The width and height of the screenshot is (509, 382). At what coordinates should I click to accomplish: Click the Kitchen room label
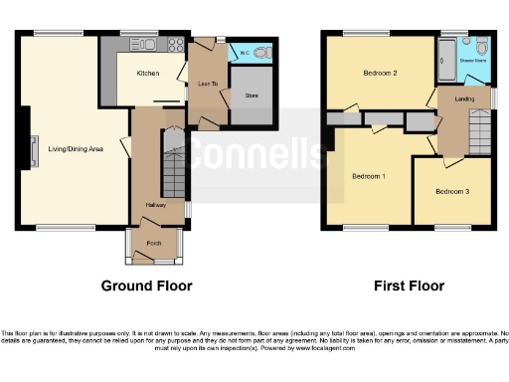coord(147,74)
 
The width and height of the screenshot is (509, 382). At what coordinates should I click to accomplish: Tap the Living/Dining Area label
coord(76,150)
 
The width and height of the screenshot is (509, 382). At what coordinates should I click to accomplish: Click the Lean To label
coord(207,83)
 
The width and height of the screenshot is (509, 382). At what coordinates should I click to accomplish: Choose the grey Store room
coord(251,96)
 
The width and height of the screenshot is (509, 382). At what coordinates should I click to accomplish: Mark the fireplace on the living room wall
coord(34,149)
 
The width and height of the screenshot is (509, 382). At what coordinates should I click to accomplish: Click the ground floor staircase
coord(173,174)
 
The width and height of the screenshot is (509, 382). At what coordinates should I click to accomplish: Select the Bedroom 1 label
coord(369,176)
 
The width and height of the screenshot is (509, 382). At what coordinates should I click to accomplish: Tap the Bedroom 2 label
coord(380,73)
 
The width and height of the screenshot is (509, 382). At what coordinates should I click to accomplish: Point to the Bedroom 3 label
coord(451,190)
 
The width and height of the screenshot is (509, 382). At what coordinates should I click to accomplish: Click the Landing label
coord(463,98)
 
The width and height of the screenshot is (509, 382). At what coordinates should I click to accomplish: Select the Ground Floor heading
coord(146,286)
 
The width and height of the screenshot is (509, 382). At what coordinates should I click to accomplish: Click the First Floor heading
coord(408,286)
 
